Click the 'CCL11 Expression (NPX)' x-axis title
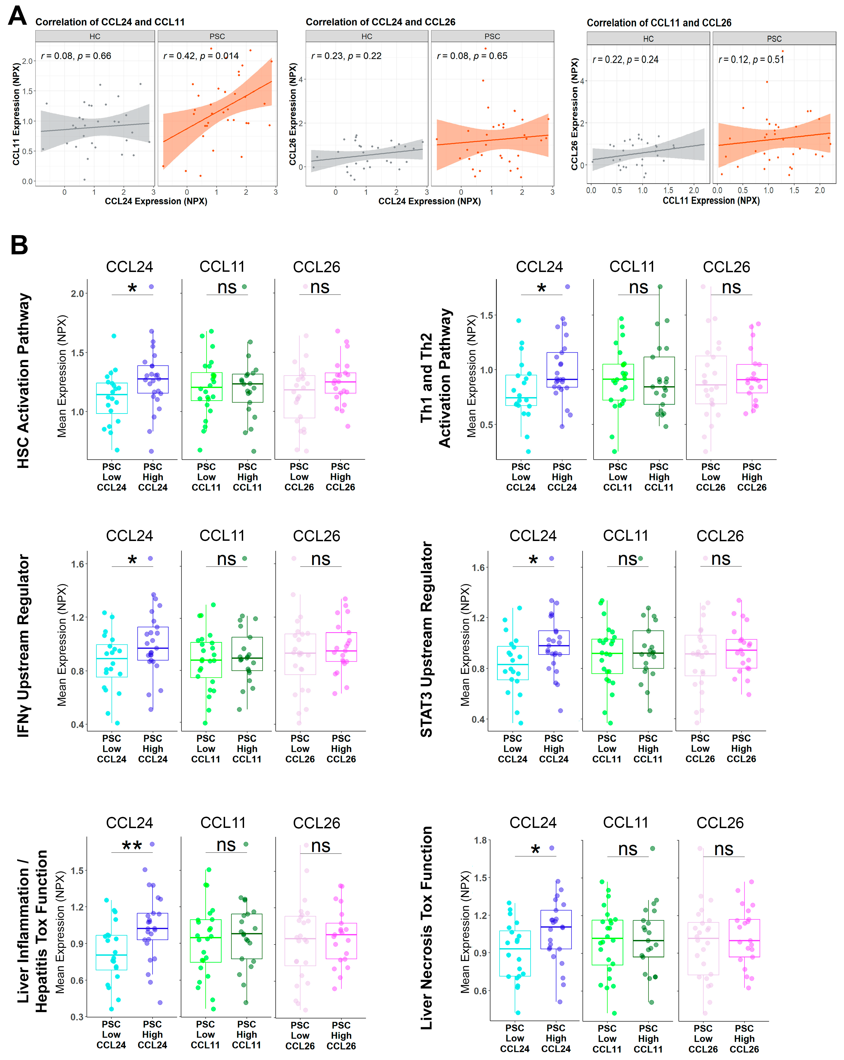(x=711, y=200)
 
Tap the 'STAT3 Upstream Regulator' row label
(x=426, y=639)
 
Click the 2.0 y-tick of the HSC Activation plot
(x=78, y=294)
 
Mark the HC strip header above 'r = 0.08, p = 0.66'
(x=95, y=36)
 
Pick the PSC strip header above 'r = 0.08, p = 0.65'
(x=492, y=36)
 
